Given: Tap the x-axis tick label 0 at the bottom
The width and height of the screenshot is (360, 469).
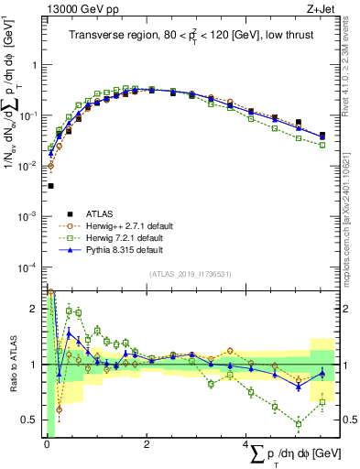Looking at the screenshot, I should click(47, 445).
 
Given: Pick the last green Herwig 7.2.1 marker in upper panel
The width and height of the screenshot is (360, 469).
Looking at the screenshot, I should click(322, 145).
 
